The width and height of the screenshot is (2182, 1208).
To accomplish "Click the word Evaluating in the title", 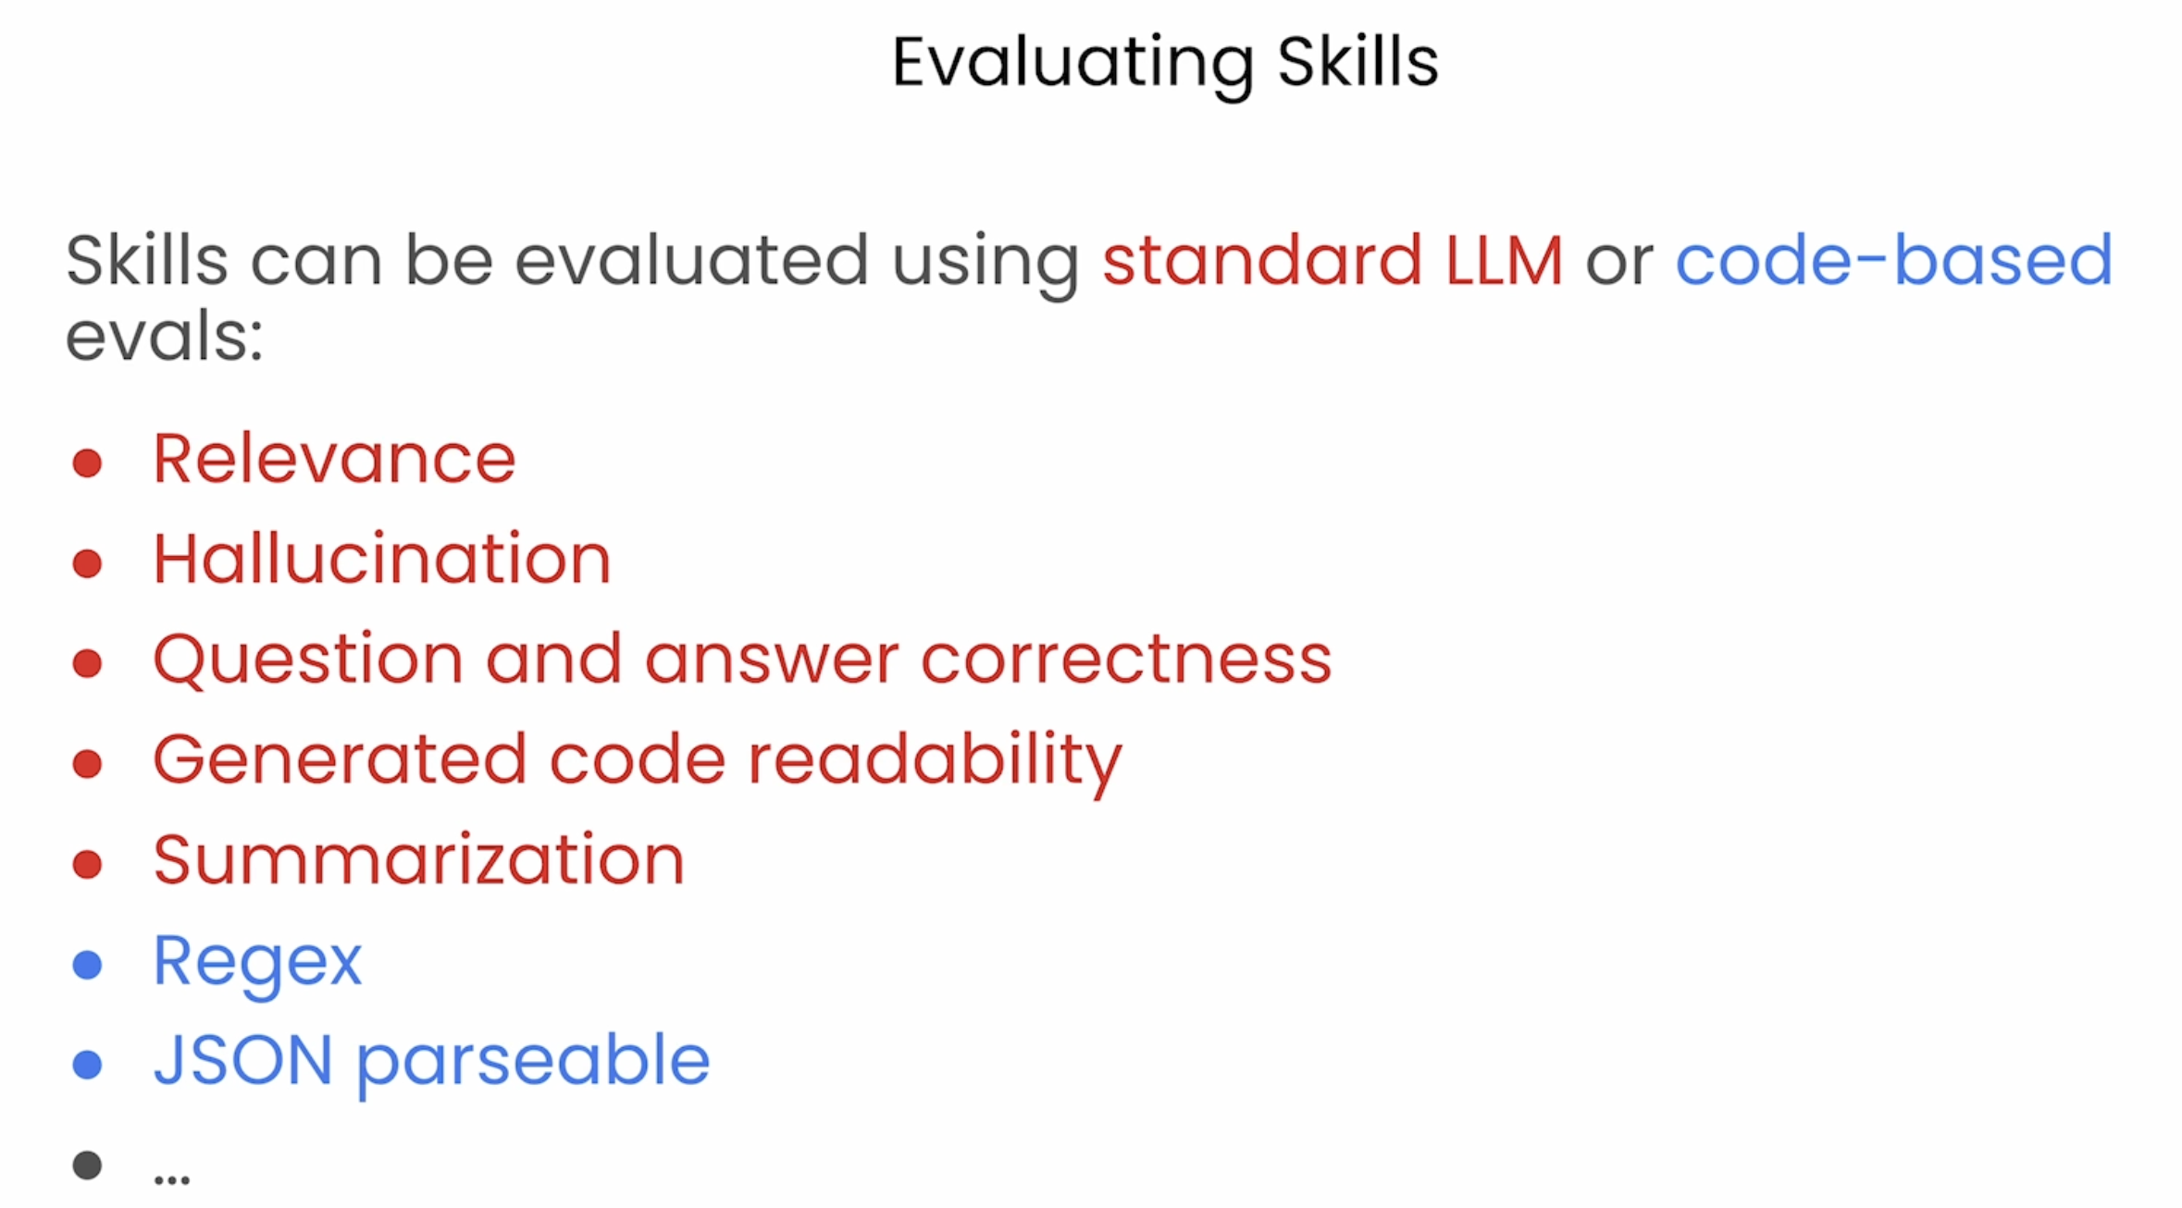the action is tap(1072, 65).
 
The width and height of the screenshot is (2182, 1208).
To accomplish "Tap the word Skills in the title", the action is tap(1358, 62).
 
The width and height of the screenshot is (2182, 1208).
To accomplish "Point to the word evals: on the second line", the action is tap(165, 337).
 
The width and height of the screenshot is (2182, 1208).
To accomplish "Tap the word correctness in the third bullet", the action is tap(1126, 660).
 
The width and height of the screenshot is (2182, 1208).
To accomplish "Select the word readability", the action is tap(935, 762).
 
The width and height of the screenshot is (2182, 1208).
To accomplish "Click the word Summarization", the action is tap(419, 860).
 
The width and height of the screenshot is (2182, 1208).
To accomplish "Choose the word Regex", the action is tap(257, 964).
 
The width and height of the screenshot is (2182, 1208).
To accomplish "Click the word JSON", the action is tap(243, 1060).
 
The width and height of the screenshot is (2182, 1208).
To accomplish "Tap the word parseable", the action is tap(533, 1064).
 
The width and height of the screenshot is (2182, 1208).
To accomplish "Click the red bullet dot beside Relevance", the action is tap(87, 462).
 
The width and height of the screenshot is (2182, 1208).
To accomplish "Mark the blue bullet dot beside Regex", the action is tap(87, 965).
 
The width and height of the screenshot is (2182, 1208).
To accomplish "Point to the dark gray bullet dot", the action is tap(87, 1165).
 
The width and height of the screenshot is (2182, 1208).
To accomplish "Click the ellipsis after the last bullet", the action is tap(172, 1179).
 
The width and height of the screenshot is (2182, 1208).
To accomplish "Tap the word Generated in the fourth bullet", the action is tap(340, 760).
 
